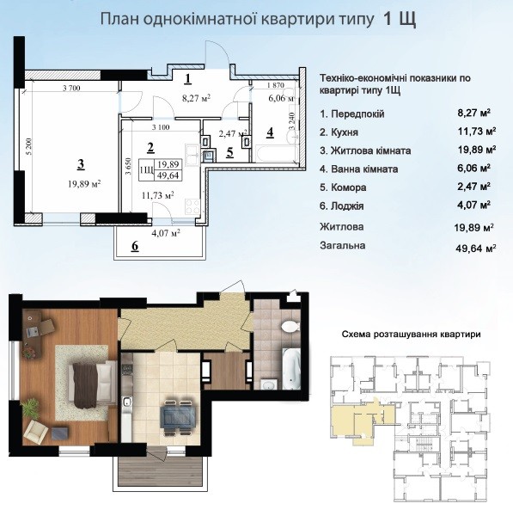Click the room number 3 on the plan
click(81, 164)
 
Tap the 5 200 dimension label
click(29, 146)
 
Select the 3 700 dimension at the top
click(71, 88)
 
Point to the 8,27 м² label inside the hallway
click(196, 98)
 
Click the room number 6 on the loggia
click(135, 246)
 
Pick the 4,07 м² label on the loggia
click(165, 233)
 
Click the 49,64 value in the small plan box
click(168, 175)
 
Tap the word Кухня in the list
click(345, 132)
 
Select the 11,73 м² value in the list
click(477, 132)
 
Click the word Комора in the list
click(348, 187)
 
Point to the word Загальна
click(342, 245)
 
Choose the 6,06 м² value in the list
click(474, 168)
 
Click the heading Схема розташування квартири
click(411, 335)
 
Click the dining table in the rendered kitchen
click(179, 417)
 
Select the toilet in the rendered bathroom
click(290, 326)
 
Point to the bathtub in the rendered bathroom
click(291, 369)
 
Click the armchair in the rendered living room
click(35, 431)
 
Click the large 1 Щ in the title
click(400, 19)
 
